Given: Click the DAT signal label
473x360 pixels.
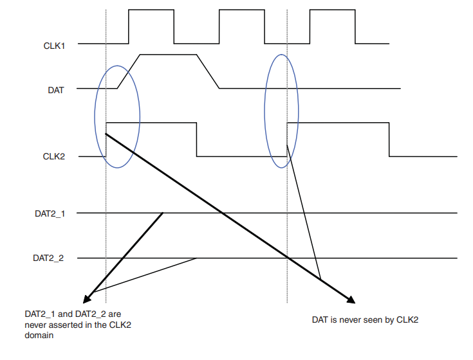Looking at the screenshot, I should click(x=56, y=90).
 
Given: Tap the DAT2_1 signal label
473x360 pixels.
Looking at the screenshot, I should click(x=50, y=212).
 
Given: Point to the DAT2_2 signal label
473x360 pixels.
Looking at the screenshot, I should click(x=50, y=258).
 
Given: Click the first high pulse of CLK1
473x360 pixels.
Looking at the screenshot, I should click(x=151, y=10).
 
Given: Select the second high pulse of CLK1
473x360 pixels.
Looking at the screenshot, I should click(x=242, y=10).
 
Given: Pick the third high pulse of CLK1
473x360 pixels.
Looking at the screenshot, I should click(x=333, y=10).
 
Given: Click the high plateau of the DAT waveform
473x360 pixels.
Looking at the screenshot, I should click(x=167, y=55).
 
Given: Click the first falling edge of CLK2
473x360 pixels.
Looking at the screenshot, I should click(x=197, y=139).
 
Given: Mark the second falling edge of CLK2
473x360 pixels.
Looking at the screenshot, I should click(x=389, y=139).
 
